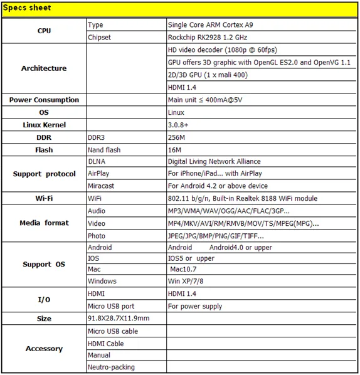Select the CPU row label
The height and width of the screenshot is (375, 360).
pos(44,31)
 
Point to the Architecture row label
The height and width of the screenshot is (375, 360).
pos(44,68)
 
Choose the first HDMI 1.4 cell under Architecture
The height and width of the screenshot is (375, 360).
pos(183,87)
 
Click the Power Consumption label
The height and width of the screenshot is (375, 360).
pos(44,100)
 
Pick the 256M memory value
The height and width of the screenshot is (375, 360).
pos(177,137)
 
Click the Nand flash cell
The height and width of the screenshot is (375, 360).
pos(104,150)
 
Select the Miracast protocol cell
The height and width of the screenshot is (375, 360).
pos(102,186)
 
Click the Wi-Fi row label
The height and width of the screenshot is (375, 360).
pos(44,198)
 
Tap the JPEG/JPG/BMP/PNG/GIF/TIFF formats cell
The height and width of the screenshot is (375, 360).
pos(216,236)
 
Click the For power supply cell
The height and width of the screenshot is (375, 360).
pos(195,307)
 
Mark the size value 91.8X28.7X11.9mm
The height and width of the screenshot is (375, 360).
pos(118,319)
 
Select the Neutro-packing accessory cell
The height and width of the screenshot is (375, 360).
pos(111,367)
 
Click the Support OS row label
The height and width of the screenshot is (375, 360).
pos(44,264)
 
